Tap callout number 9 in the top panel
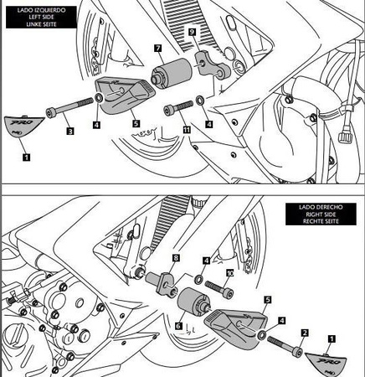point(193,31)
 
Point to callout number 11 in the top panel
point(186,131)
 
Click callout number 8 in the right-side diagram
point(176,257)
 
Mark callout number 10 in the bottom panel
point(229,273)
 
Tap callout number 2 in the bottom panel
point(304,332)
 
